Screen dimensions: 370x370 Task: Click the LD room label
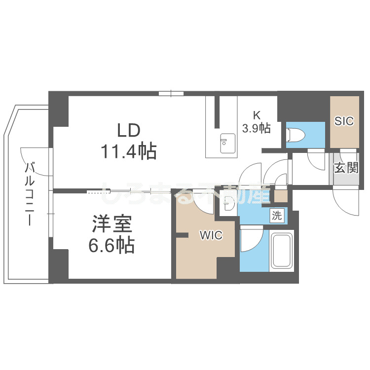pos(129,130)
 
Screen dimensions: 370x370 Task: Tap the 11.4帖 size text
pos(129,151)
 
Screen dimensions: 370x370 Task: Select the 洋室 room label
pos(112,225)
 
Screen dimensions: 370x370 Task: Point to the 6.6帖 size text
pos(112,245)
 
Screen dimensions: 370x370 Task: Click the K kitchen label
pos(257,115)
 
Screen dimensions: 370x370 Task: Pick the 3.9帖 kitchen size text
pos(256,129)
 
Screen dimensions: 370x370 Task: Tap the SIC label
pos(344,121)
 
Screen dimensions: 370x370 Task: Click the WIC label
pos(211,236)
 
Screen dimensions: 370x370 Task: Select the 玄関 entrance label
pos(346,168)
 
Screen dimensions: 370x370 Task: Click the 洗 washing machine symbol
pos(277,215)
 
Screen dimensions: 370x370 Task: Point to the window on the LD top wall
pos(171,93)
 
